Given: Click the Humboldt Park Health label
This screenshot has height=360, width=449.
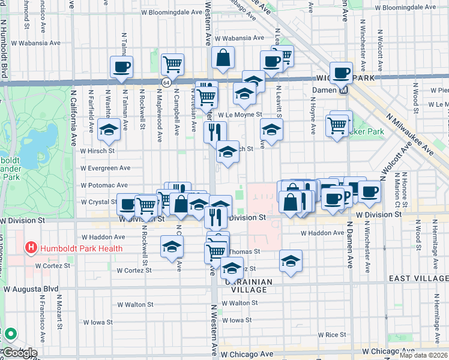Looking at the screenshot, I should point(81,248).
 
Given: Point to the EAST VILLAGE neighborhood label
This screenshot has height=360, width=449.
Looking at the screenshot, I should point(418,278).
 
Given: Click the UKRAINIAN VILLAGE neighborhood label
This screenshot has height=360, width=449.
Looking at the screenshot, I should point(249,285).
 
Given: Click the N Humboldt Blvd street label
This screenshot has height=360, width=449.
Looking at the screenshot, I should point(4,48).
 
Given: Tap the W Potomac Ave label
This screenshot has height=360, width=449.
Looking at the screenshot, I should point(106,185).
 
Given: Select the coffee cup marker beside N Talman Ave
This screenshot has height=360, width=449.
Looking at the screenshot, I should point(121,67).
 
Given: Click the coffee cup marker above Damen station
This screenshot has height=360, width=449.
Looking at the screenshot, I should point(341,73).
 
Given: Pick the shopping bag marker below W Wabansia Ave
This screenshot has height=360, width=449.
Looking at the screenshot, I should point(223,58).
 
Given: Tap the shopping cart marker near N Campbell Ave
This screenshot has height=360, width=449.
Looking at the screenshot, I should point(173,64).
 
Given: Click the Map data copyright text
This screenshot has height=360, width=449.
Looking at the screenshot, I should point(423,355).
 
